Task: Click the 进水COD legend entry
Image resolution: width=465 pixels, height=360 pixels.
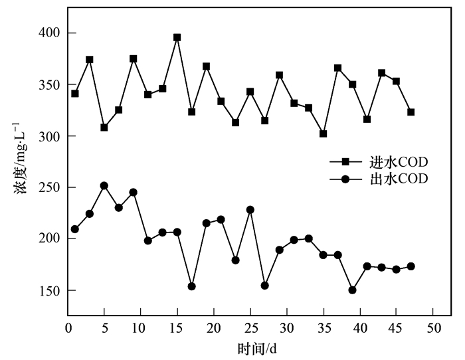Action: (379, 161)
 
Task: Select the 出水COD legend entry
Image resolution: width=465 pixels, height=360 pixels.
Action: (379, 178)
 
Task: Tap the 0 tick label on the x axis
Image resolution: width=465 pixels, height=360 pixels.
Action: (68, 328)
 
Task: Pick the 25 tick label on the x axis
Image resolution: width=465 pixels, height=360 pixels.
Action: (250, 328)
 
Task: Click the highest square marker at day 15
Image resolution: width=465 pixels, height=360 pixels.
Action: (177, 37)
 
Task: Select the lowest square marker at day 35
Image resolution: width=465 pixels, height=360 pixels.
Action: (323, 134)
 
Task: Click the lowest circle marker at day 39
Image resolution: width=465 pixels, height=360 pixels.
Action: (352, 290)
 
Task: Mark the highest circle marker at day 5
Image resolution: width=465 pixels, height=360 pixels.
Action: (104, 186)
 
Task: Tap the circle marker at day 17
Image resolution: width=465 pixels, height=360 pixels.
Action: (192, 286)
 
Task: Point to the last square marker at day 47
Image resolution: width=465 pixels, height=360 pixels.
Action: (411, 112)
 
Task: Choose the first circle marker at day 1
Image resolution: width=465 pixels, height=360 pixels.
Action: (75, 229)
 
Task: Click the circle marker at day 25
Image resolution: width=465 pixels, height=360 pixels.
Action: (250, 210)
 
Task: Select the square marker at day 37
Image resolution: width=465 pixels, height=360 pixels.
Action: (337, 68)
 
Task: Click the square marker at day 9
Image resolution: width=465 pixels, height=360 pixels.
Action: (134, 58)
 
